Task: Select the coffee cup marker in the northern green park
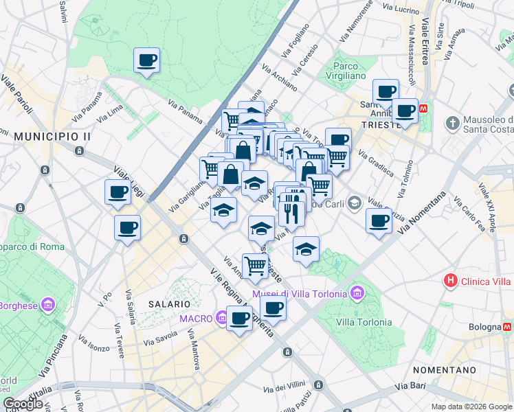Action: [x=146, y=60]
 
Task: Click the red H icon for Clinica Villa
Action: [x=451, y=280]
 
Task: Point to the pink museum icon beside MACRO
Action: [x=221, y=318]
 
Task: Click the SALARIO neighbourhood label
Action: [x=168, y=304]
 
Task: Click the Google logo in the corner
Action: [x=23, y=404]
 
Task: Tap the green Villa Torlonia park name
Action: [x=364, y=322]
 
